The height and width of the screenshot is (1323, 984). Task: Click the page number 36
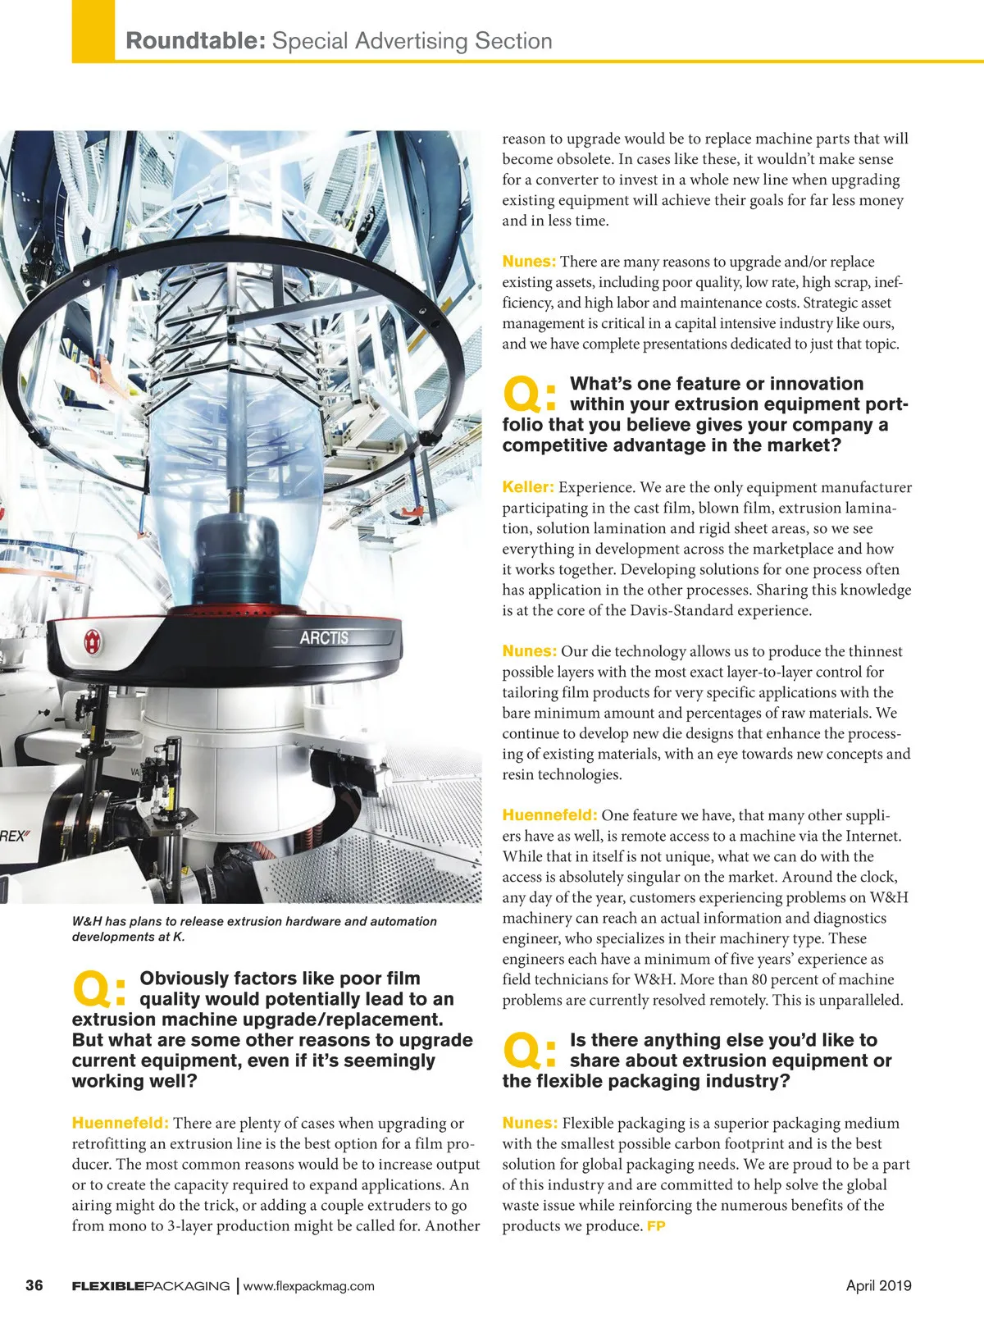click(34, 1285)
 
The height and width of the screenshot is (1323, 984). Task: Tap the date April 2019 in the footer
click(878, 1285)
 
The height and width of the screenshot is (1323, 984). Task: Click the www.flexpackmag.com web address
click(309, 1286)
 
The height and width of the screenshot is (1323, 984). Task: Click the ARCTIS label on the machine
click(324, 637)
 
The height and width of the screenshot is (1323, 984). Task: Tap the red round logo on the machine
click(93, 642)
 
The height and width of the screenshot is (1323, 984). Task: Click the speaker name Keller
click(527, 487)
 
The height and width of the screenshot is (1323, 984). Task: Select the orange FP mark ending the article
click(656, 1226)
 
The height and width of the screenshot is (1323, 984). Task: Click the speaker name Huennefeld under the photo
click(120, 1123)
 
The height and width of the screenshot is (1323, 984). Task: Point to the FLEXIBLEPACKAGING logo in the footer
click(151, 1286)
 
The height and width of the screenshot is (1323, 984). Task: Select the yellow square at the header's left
click(93, 30)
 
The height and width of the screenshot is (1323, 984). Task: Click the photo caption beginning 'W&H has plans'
click(254, 928)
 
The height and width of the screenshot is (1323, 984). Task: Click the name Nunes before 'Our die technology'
click(529, 651)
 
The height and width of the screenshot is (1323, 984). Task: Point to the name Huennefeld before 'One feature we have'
click(549, 815)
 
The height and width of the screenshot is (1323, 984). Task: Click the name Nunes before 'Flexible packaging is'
click(529, 1123)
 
